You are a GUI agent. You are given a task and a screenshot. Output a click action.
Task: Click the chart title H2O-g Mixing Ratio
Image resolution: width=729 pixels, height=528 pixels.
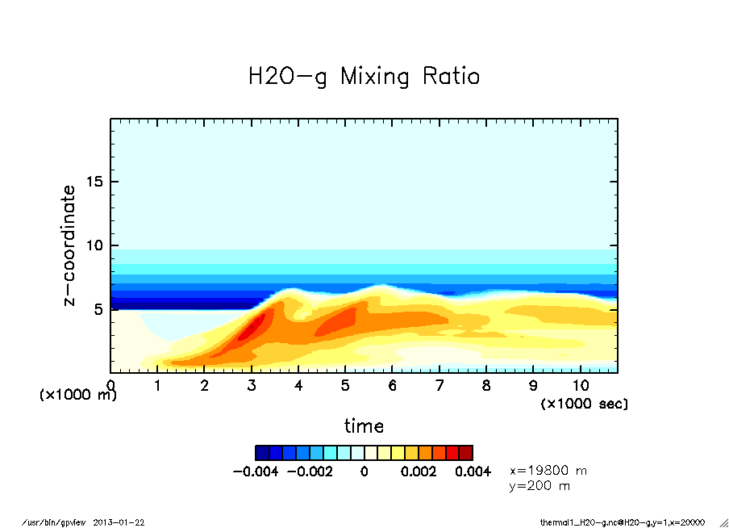click(x=364, y=78)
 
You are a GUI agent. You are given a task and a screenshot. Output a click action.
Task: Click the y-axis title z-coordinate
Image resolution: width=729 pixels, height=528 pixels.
click(x=69, y=245)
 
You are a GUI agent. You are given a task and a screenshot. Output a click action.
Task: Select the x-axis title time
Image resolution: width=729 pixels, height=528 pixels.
click(x=364, y=426)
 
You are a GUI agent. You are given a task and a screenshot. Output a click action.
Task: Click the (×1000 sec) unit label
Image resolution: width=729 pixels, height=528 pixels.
click(x=584, y=403)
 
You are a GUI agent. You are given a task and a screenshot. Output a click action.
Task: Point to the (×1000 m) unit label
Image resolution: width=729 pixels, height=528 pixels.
click(x=78, y=396)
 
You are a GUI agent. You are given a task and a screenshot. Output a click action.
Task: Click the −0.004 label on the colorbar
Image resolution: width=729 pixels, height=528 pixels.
click(x=255, y=471)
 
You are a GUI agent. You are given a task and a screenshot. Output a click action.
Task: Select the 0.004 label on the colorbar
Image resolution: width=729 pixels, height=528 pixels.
click(x=473, y=471)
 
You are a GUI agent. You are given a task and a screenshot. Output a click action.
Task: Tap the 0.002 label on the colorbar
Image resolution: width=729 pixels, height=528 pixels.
click(x=419, y=471)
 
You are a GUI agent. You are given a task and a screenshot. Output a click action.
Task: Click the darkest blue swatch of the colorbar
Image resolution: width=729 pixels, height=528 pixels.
click(x=262, y=453)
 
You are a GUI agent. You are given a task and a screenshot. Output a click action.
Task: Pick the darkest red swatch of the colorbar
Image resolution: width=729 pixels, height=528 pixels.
click(x=466, y=453)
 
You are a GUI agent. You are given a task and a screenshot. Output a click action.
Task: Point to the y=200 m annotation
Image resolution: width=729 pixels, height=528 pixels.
click(x=539, y=486)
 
